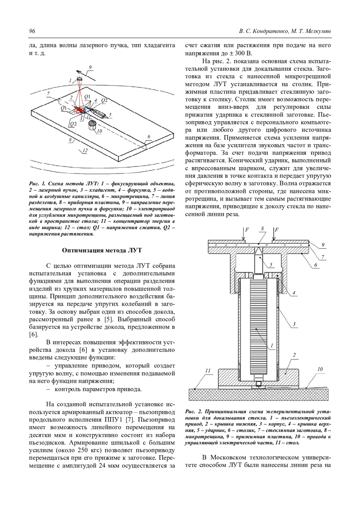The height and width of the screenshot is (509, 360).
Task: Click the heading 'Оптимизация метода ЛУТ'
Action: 102,251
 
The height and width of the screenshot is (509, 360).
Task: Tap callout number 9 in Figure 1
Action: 90,67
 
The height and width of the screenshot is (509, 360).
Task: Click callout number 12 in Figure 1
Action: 85,150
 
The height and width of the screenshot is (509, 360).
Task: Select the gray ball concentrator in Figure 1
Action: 92,123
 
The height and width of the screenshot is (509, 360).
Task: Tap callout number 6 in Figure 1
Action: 148,137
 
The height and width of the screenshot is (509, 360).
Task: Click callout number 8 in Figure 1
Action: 70,140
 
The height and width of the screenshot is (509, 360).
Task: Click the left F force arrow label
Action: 247,230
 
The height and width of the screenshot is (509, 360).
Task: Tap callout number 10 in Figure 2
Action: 320,369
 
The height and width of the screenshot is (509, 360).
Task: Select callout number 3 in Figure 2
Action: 294,324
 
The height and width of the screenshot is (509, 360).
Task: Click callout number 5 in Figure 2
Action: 271,265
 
